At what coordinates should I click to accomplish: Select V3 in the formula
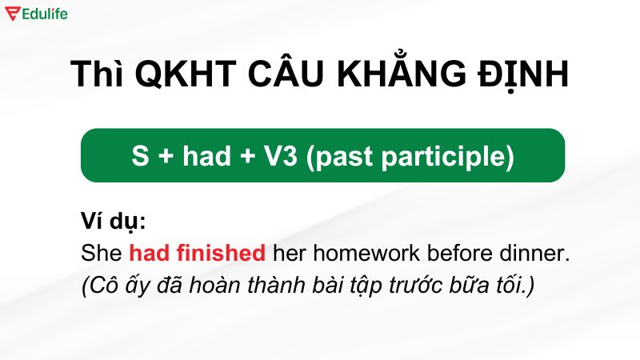coord(282,156)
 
